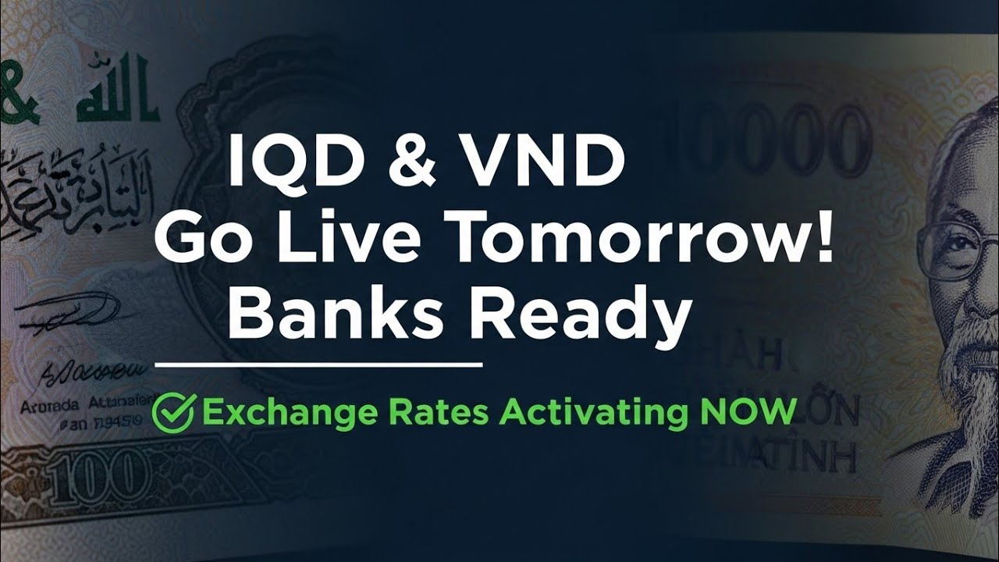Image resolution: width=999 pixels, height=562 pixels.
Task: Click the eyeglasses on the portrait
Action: (x=952, y=250)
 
